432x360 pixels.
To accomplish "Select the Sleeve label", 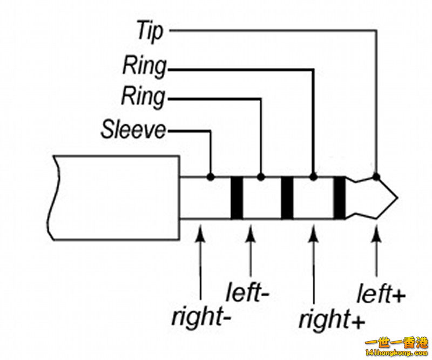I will [133, 130].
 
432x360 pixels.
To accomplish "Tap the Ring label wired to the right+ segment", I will [144, 67].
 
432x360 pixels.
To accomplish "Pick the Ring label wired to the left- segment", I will [143, 97].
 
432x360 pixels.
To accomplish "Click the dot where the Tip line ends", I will [376, 176].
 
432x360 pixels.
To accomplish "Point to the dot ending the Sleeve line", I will [210, 176].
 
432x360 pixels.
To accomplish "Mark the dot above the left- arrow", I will [261, 176].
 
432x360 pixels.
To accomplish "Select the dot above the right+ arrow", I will [313, 176].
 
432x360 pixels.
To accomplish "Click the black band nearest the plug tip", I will [339, 198].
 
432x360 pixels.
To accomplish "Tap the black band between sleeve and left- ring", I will [237, 198].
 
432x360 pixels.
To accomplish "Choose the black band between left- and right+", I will [287, 198].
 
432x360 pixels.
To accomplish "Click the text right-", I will [201, 317].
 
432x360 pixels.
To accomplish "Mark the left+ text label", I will [381, 295].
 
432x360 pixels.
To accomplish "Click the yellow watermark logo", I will [397, 347].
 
